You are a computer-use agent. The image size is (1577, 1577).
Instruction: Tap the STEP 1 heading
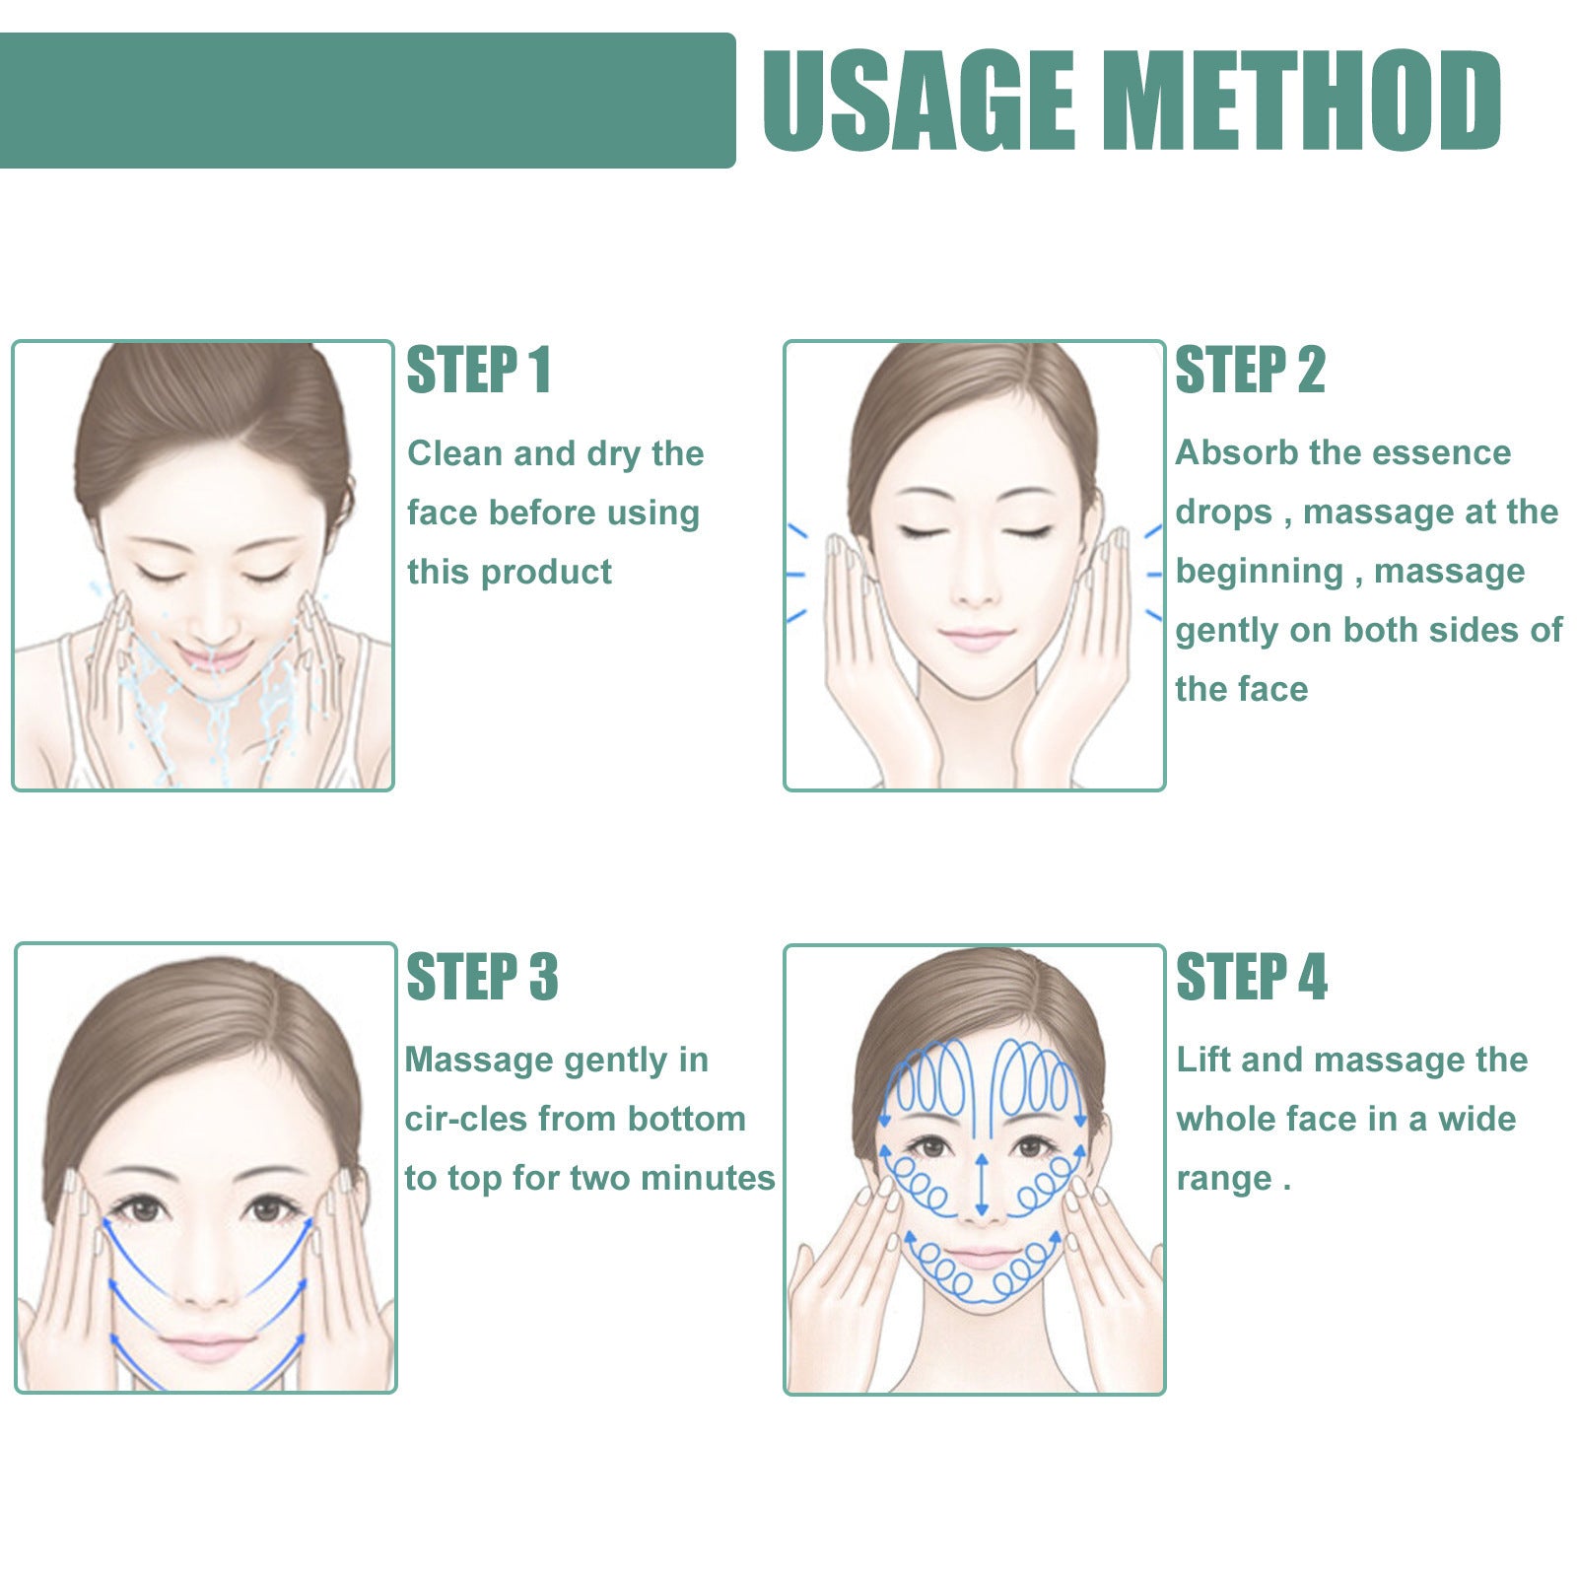click(x=479, y=371)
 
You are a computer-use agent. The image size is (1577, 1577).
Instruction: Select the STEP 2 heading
click(x=1250, y=371)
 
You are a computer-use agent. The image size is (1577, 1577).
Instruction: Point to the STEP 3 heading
click(x=482, y=977)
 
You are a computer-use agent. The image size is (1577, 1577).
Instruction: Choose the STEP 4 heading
click(x=1252, y=977)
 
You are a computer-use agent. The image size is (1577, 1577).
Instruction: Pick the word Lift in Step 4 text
click(x=1203, y=1060)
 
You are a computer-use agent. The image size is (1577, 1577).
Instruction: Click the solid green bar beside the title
click(x=365, y=101)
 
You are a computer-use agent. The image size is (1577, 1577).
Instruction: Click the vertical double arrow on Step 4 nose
click(x=981, y=1184)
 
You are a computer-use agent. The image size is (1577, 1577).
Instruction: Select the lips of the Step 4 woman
click(x=980, y=1258)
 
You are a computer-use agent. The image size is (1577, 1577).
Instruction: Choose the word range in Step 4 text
click(x=1222, y=1179)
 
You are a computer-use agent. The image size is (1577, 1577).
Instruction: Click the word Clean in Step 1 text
click(x=455, y=453)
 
